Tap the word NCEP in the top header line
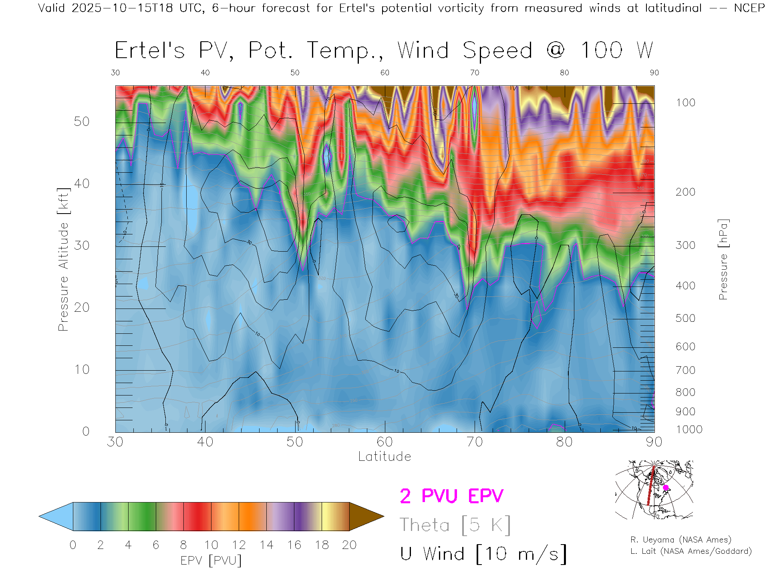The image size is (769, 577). click(x=749, y=8)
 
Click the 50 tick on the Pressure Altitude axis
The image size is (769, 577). click(x=81, y=121)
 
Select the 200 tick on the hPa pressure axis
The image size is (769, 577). click(x=685, y=192)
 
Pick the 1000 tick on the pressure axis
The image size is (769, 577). click(x=689, y=430)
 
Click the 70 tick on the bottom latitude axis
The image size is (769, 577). click(x=475, y=442)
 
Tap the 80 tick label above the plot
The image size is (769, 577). click(x=564, y=73)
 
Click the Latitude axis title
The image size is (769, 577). click(x=384, y=456)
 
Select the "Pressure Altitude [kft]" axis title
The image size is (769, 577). click(x=63, y=259)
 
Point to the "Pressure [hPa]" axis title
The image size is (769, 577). click(x=723, y=259)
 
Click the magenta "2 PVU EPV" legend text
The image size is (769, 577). click(x=451, y=496)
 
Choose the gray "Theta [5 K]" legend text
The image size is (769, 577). click(x=455, y=525)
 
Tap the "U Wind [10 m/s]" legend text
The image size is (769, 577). click(x=483, y=554)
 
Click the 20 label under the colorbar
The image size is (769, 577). click(x=349, y=545)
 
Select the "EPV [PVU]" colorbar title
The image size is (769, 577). click(x=211, y=561)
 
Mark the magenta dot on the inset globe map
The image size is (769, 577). click(x=666, y=488)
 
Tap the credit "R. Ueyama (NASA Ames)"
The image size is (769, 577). click(x=681, y=540)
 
